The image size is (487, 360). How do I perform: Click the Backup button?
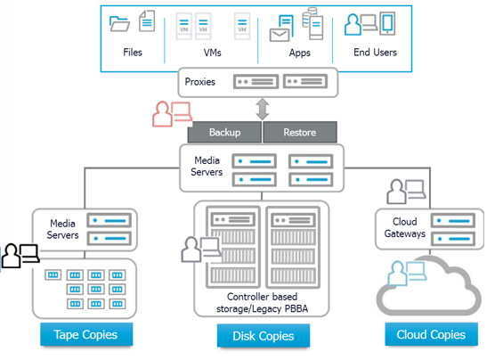(224, 132)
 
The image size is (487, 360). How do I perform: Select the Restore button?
(300, 132)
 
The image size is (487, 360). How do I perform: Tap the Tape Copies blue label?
(86, 334)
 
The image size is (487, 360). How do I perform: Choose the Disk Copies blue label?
(264, 336)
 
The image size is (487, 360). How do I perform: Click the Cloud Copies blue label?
(431, 334)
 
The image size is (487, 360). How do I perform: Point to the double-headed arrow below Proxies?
(263, 109)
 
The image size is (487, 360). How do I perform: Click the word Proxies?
(200, 82)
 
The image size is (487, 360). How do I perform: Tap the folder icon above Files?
(119, 23)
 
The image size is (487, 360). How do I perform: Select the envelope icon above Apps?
(280, 35)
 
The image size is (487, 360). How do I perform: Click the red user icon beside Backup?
(172, 114)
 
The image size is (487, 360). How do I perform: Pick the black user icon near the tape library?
(20, 256)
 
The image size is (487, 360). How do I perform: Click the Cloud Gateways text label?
(405, 227)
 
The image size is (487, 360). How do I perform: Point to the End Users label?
(375, 53)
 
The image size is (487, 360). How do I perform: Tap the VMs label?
(213, 53)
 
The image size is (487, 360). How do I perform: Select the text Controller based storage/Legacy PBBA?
(262, 303)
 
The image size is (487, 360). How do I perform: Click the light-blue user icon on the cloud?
(407, 274)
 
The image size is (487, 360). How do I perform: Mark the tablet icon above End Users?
(387, 22)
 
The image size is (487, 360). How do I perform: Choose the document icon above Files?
(147, 20)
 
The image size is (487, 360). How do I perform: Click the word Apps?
(300, 53)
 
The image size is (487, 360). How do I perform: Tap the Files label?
(133, 53)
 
